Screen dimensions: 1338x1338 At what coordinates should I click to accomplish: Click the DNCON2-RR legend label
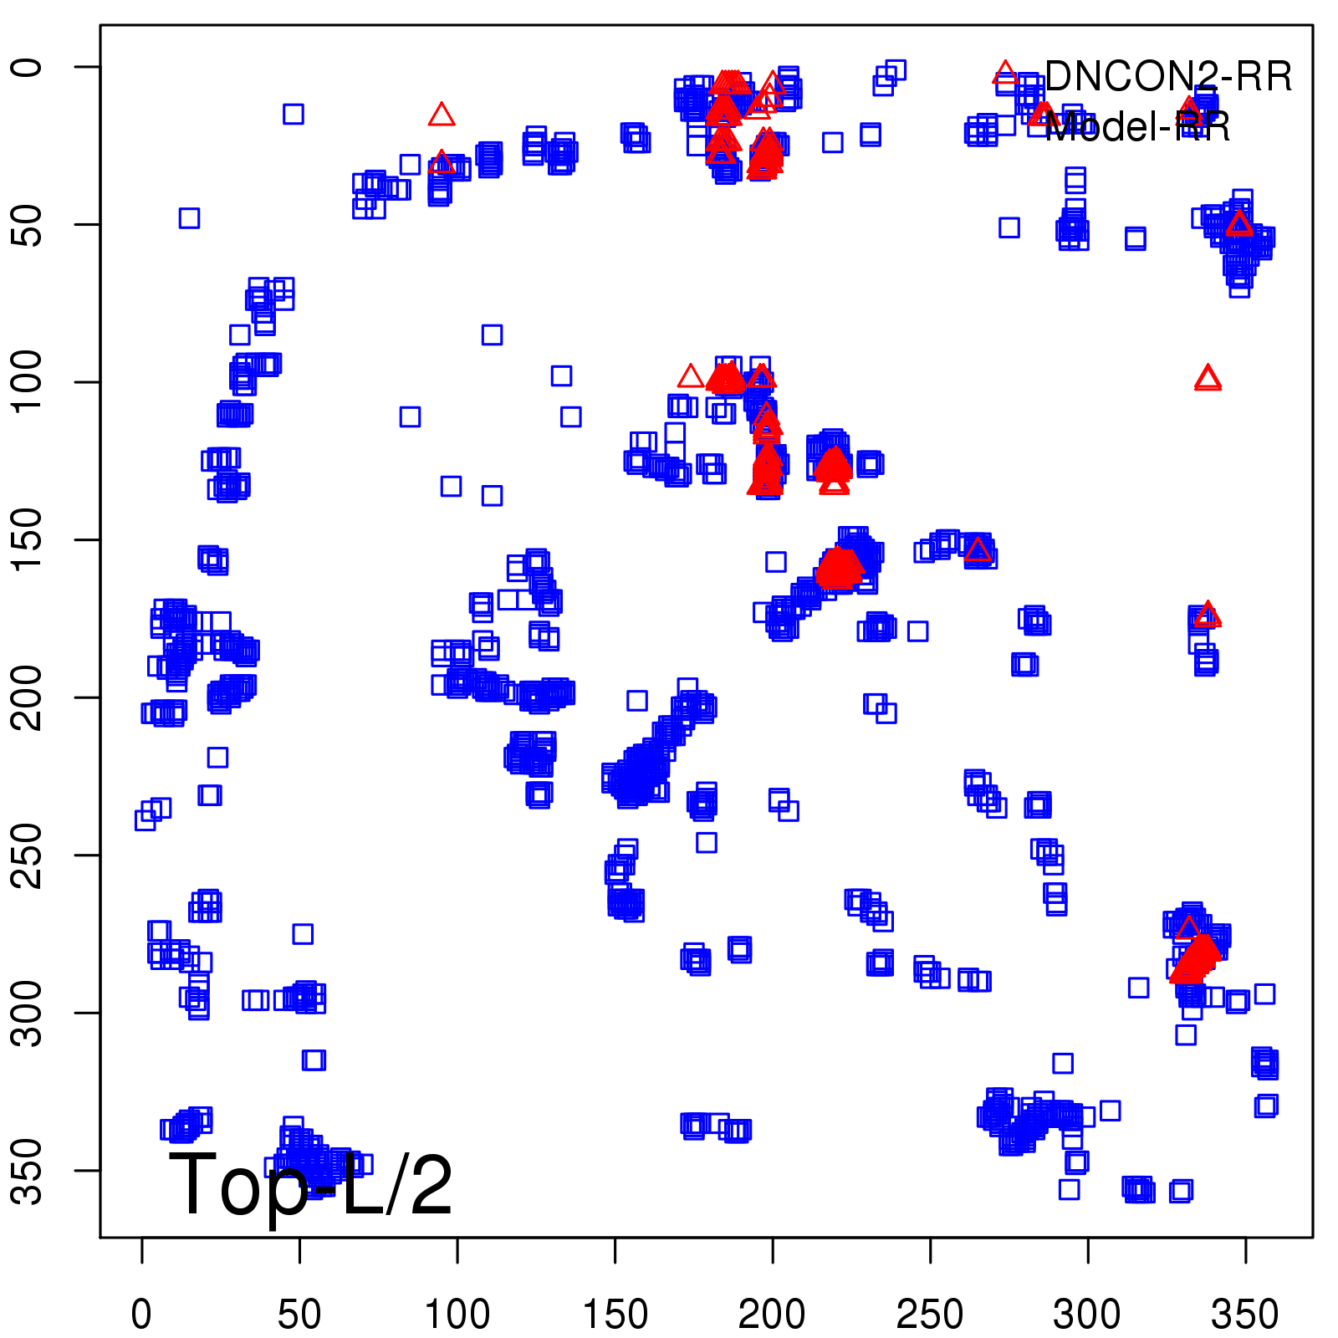point(1167,77)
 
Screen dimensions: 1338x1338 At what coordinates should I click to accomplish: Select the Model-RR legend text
point(1137,127)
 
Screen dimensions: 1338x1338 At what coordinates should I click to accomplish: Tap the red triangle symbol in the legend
point(1004,73)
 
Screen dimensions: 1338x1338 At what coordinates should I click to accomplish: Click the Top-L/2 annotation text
point(310,1186)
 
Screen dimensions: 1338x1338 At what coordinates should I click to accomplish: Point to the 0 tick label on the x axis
point(141,1315)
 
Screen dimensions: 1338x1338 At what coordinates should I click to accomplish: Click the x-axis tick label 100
point(457,1315)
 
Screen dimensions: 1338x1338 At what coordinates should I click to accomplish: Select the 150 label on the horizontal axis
point(615,1315)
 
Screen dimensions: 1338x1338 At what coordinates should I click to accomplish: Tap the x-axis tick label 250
point(930,1315)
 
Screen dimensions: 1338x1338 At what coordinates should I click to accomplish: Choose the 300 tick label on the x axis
point(1087,1315)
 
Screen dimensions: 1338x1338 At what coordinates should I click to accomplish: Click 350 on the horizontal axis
point(1244,1315)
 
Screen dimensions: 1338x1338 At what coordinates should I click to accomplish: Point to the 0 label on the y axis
point(28,67)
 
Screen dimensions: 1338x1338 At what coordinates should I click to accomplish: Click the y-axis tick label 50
point(28,224)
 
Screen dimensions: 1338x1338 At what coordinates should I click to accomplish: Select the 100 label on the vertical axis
point(28,381)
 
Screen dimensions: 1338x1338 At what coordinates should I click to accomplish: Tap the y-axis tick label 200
point(28,697)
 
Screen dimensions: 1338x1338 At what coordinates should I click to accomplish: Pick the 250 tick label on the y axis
point(28,855)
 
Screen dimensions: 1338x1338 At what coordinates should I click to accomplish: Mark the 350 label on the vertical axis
point(28,1170)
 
